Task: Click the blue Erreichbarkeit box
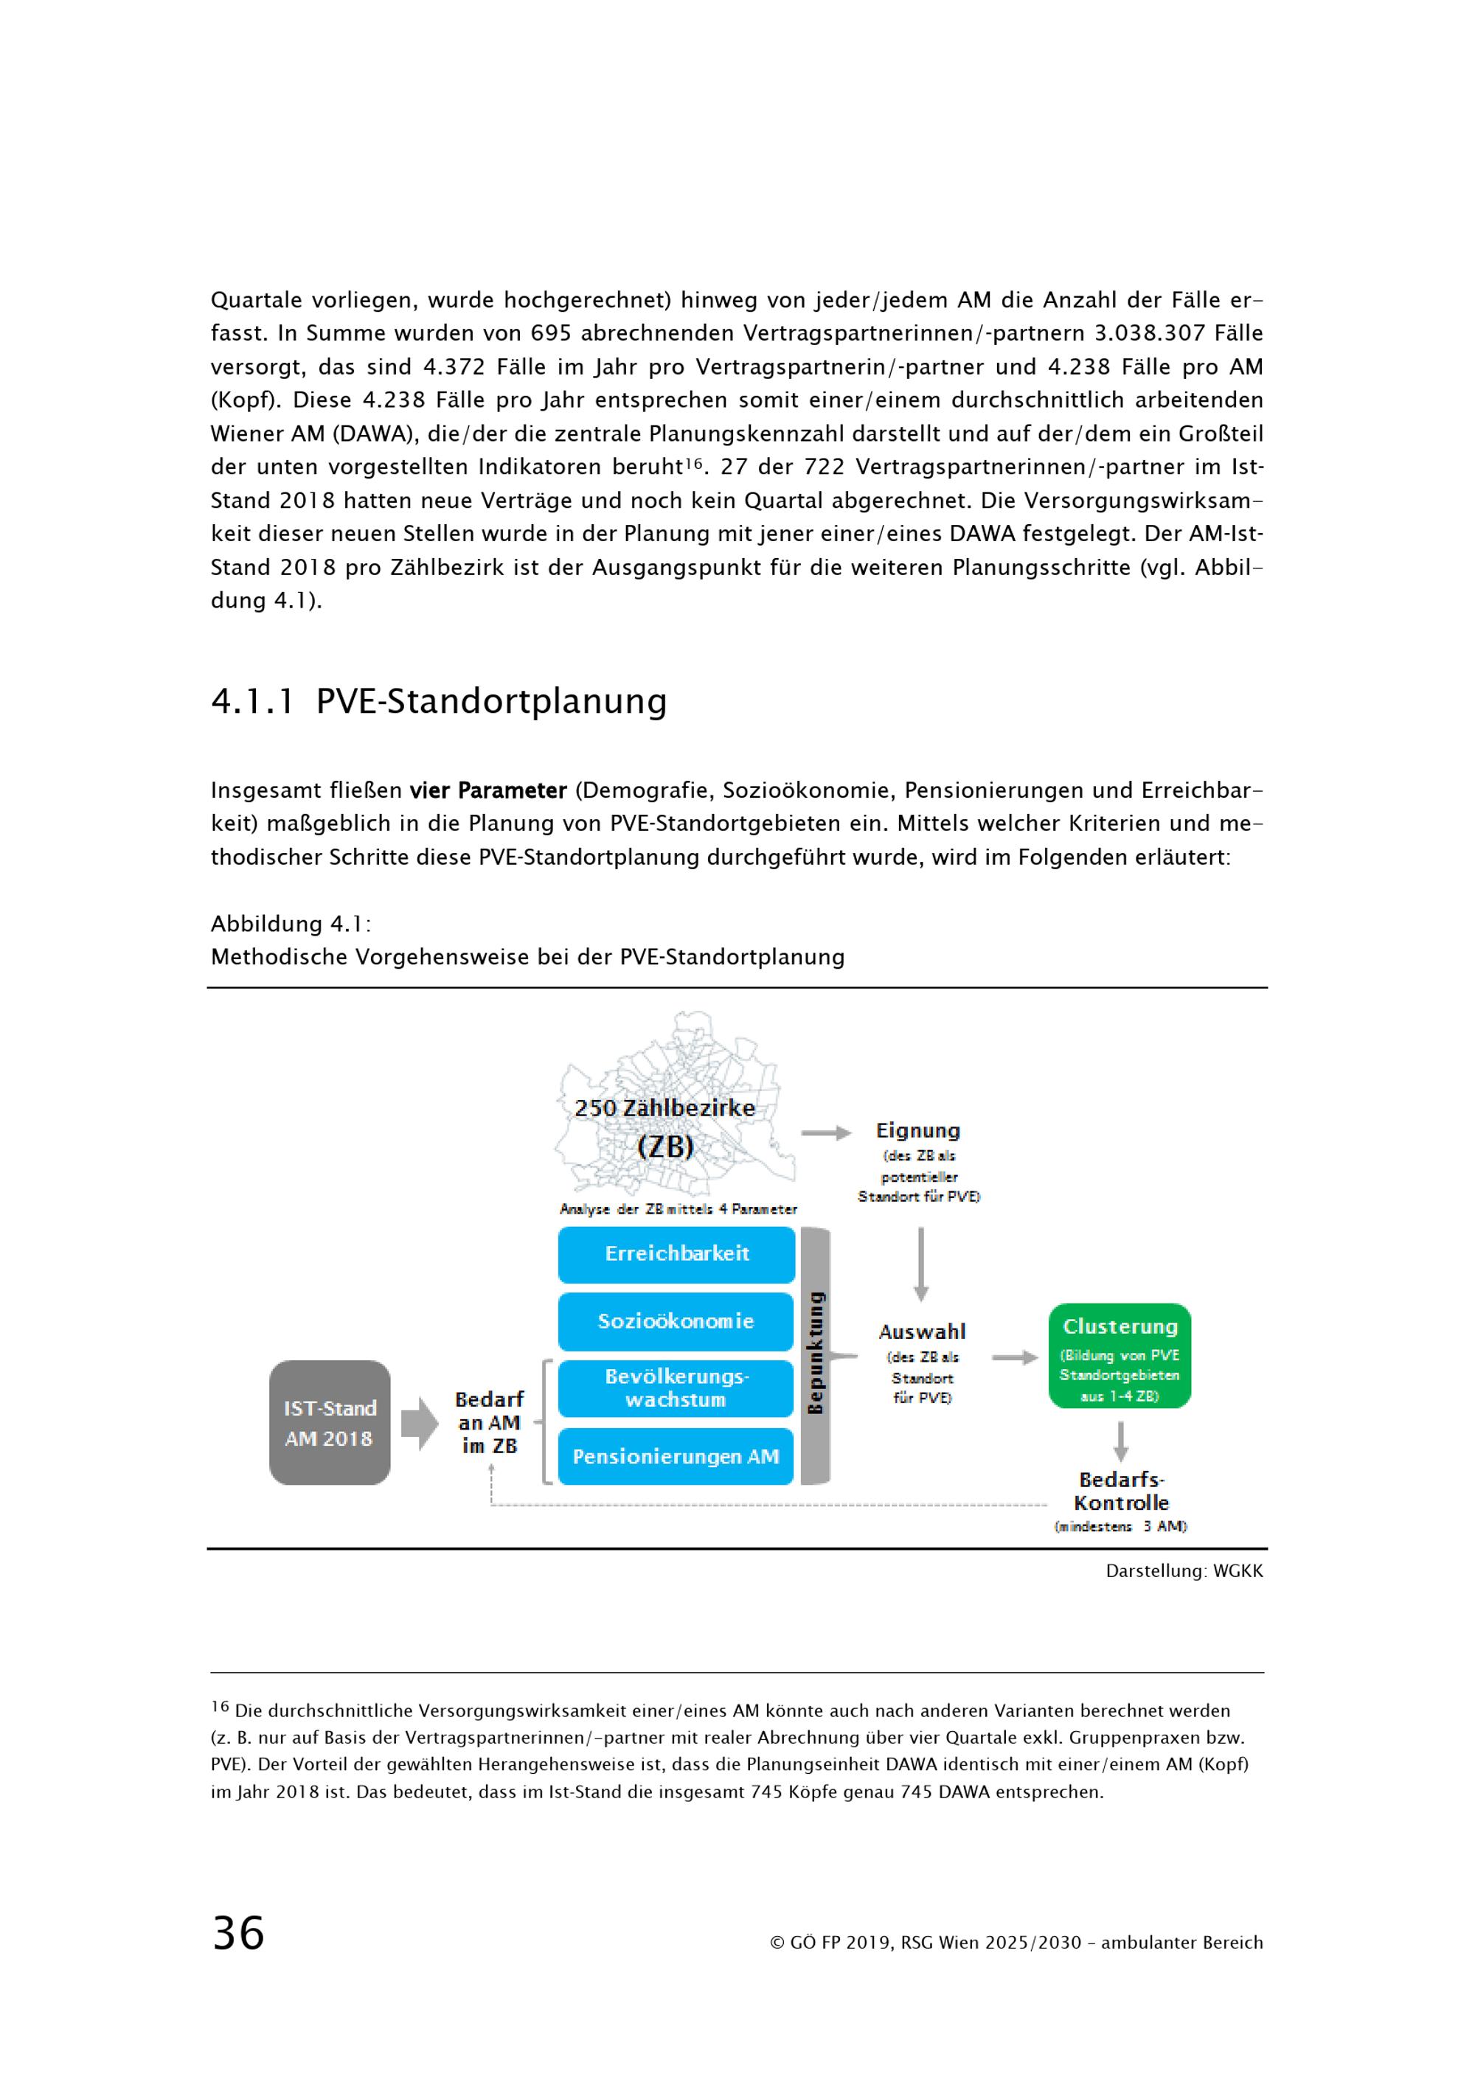[676, 1254]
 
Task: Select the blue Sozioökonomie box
[676, 1321]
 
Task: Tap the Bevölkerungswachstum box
[676, 1388]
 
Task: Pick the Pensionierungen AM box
[676, 1457]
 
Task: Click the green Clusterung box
[1119, 1356]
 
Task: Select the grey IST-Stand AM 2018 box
[330, 1423]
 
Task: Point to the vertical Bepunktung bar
[816, 1356]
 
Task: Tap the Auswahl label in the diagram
[922, 1332]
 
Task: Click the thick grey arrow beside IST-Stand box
[420, 1423]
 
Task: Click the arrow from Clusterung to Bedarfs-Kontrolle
[1121, 1441]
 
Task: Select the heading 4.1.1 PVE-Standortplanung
[439, 701]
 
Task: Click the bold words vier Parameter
[487, 791]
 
